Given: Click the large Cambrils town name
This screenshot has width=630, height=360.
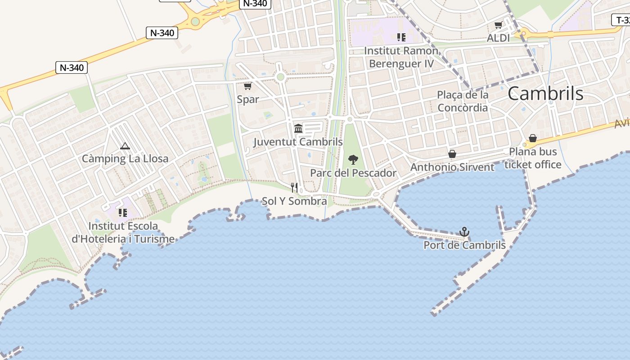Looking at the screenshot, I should [x=545, y=94].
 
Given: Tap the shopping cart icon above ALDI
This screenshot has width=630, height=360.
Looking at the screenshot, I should [x=498, y=25].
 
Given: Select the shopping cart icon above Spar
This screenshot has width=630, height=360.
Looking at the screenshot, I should [x=247, y=86].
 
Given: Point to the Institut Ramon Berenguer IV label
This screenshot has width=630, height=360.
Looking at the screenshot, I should [x=401, y=57].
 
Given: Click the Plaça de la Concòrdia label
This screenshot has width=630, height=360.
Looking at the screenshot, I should [x=463, y=101].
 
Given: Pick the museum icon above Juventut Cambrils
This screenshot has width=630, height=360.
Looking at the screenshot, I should [x=298, y=129].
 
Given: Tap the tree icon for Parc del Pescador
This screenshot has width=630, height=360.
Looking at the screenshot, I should [x=353, y=159].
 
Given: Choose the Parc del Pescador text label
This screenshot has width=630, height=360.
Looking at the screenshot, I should [x=353, y=173].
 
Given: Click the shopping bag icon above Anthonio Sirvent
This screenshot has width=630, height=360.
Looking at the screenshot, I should [x=452, y=154].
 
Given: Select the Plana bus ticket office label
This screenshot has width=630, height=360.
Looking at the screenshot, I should [x=533, y=158].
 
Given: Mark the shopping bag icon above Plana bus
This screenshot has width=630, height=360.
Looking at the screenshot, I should [x=533, y=138].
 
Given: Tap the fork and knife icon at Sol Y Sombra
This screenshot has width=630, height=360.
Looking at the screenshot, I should [x=294, y=187].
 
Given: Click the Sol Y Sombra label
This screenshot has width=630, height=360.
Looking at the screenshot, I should [x=294, y=201].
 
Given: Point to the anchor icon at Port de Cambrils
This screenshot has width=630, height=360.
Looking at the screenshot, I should [x=464, y=232].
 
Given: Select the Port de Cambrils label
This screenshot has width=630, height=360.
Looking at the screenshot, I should [x=464, y=245].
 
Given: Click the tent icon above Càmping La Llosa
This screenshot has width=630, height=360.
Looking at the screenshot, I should [x=125, y=146].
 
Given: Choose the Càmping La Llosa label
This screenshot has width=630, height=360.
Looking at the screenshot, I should [x=125, y=158].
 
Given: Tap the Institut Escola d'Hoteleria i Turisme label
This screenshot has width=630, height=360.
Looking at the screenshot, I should [x=123, y=232].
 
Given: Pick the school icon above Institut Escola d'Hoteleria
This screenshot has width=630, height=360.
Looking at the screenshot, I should [x=122, y=212].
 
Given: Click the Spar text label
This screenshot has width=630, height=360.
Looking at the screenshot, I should [x=248, y=99].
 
